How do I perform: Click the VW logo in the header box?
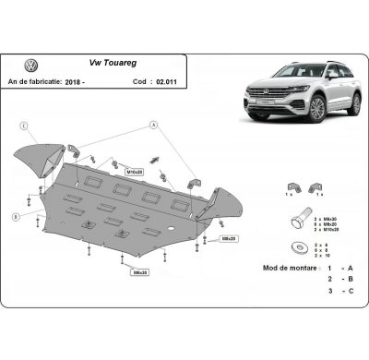tap(30, 66)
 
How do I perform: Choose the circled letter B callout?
tap(16, 216)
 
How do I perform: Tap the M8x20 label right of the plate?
tap(227, 238)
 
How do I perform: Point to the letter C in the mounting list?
tap(349, 291)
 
